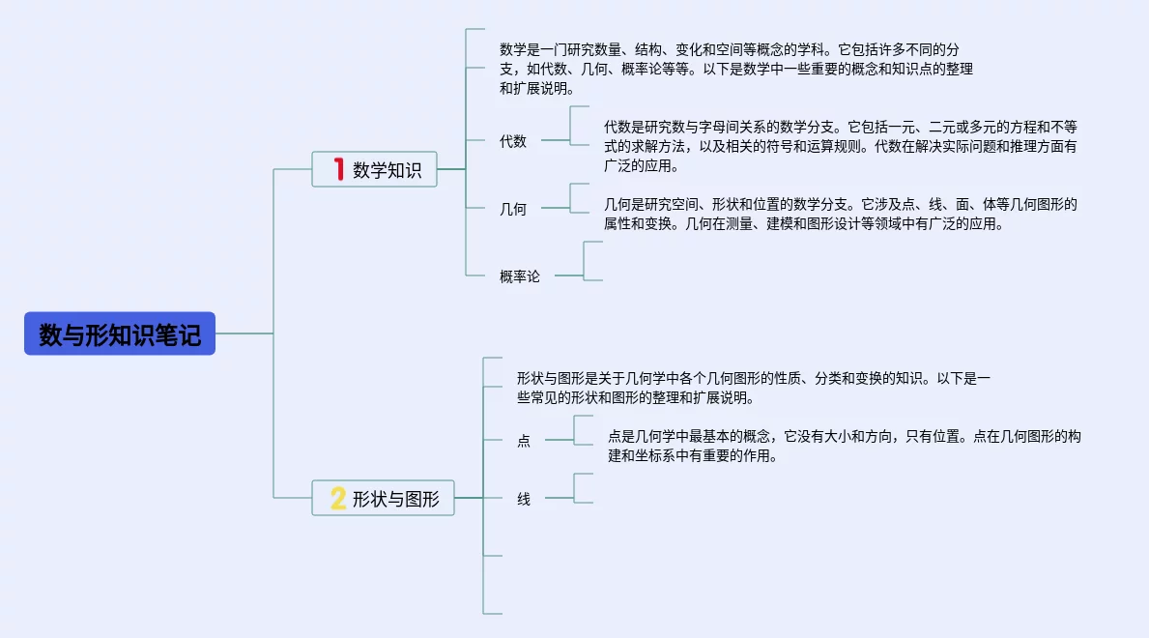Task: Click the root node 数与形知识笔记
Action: click(x=120, y=333)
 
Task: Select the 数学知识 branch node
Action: click(x=374, y=169)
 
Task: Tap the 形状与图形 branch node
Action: click(x=383, y=498)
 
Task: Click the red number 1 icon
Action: click(x=338, y=169)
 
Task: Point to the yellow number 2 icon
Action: click(x=338, y=498)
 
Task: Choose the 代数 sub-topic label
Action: click(x=513, y=141)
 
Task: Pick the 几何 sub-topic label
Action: click(x=513, y=208)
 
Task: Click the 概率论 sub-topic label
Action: click(x=520, y=276)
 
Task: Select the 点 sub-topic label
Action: click(x=524, y=441)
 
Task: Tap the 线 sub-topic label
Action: click(x=524, y=499)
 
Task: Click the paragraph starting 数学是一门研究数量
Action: click(x=735, y=68)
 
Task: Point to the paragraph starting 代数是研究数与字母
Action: click(x=841, y=145)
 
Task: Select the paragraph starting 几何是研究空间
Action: click(x=841, y=214)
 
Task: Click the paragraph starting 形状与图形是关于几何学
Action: click(x=754, y=387)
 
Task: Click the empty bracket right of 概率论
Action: click(x=591, y=261)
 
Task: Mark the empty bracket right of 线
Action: click(x=583, y=488)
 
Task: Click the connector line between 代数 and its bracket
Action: click(x=555, y=140)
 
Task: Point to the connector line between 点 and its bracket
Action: click(x=559, y=440)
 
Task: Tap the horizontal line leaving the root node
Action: click(x=244, y=333)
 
